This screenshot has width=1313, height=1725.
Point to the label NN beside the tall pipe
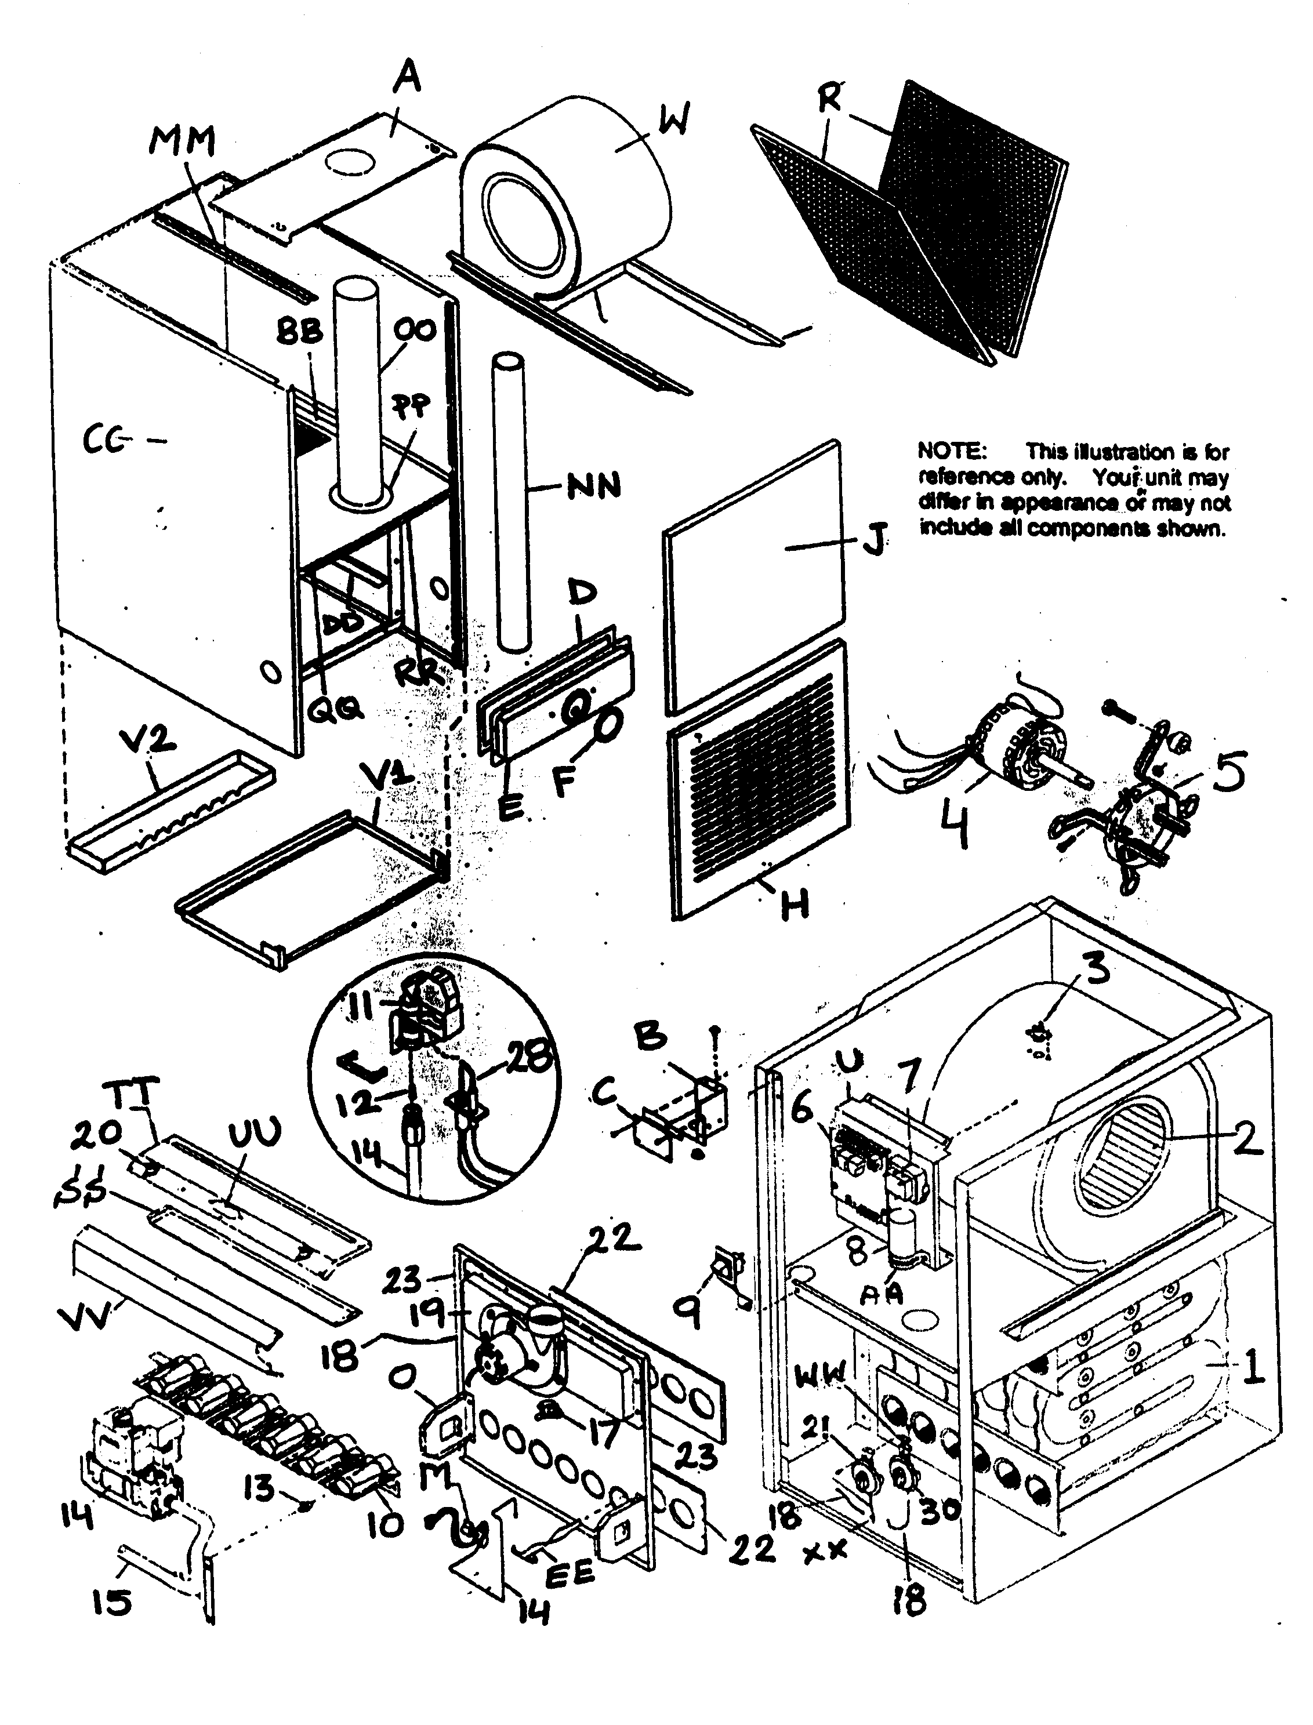point(594,486)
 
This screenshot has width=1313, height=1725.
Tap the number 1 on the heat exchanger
point(1252,1367)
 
